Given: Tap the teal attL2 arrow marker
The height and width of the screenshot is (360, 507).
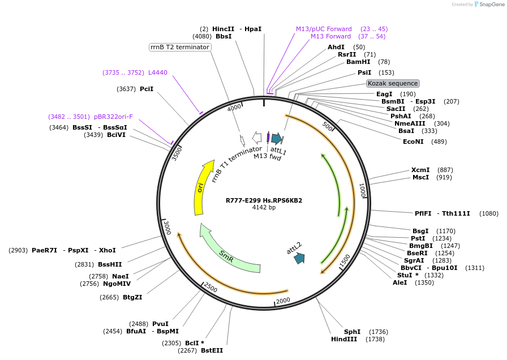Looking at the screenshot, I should (x=299, y=258).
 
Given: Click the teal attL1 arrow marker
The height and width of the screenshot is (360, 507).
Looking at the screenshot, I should (x=276, y=138).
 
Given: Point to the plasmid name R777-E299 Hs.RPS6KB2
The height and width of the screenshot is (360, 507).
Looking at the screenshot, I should (x=264, y=200).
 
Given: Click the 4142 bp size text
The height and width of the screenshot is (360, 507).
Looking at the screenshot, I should (x=264, y=208).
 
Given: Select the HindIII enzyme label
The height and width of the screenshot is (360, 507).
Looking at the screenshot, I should (x=345, y=339).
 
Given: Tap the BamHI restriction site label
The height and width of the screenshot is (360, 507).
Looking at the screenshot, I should (x=358, y=62).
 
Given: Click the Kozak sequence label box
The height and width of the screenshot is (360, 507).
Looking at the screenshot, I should (x=393, y=83).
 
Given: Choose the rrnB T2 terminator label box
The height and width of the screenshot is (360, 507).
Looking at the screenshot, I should (x=180, y=47).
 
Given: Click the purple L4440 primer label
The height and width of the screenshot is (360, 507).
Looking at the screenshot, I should (x=158, y=72).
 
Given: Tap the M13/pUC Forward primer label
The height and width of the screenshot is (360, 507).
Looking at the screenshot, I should (x=324, y=29).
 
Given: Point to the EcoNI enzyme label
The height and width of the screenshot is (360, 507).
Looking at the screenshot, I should (x=413, y=142).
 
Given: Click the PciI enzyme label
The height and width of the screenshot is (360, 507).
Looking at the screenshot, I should (x=147, y=89).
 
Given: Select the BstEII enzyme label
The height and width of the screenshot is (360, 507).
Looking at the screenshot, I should (x=212, y=350).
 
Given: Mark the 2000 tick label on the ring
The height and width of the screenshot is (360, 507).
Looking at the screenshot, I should (x=283, y=300).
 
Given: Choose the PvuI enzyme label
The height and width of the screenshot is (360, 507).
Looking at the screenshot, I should (x=160, y=324).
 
